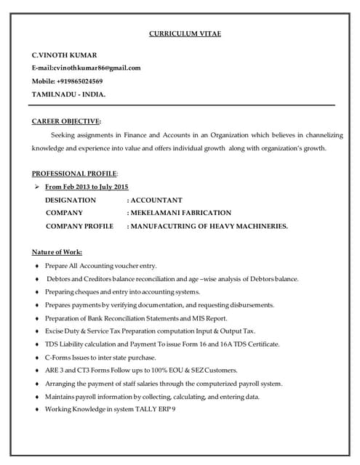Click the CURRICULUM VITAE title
click(x=185, y=34)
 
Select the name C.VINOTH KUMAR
click(x=64, y=55)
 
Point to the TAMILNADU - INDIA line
click(x=68, y=94)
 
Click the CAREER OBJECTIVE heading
click(x=66, y=121)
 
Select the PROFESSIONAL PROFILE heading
click(x=74, y=174)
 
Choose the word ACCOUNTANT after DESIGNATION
click(x=157, y=200)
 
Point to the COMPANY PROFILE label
click(x=79, y=226)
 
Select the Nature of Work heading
click(x=57, y=252)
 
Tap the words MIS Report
click(x=210, y=318)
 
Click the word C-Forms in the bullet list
click(x=58, y=357)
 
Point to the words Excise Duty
click(x=64, y=331)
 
